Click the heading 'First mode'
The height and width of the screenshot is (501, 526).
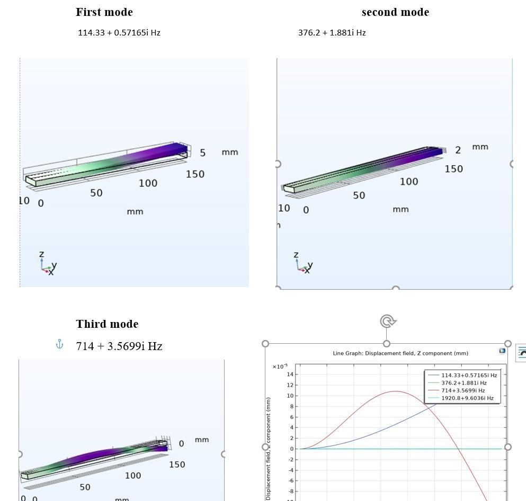[x=104, y=12]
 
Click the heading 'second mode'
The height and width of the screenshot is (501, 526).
[x=395, y=12]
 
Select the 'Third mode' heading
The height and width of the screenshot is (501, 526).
[x=107, y=324]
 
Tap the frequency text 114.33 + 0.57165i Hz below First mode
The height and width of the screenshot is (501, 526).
[x=119, y=33]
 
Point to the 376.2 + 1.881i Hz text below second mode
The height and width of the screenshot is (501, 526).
[x=332, y=33]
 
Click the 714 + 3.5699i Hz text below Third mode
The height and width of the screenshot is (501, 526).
[x=119, y=346]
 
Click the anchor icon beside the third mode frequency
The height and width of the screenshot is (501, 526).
[x=60, y=345]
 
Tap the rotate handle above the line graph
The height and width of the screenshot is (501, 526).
[x=388, y=321]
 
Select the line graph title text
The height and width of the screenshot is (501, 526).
[x=400, y=353]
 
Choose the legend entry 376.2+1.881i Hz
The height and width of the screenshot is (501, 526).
[x=463, y=383]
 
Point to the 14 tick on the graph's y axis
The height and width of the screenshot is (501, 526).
[x=290, y=374]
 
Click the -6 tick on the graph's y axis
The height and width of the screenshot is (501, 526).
[x=290, y=481]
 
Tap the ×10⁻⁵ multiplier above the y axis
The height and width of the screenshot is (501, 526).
[x=280, y=366]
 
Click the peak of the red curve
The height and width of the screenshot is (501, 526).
[x=395, y=391]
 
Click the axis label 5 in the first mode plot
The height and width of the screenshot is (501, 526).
[x=202, y=153]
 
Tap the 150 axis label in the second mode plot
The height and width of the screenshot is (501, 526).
[x=453, y=169]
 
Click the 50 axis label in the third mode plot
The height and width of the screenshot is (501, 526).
[x=85, y=487]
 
